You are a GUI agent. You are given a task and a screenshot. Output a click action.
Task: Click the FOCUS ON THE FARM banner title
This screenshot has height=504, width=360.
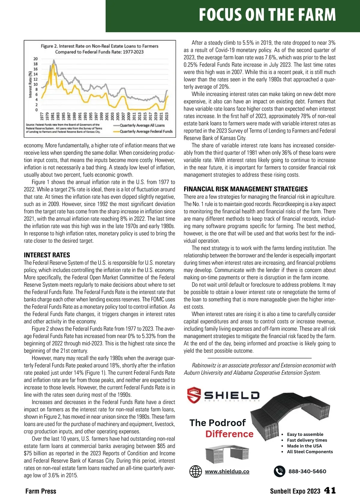pyautogui.click(x=267, y=15)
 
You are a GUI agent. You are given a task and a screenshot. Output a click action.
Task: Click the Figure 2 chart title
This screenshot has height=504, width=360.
pyautogui.click(x=99, y=49)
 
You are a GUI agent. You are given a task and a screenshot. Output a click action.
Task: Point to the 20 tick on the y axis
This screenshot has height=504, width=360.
pyautogui.click(x=36, y=59)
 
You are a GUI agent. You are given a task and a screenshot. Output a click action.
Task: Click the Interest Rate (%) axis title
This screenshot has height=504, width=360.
pyautogui.click(x=30, y=85)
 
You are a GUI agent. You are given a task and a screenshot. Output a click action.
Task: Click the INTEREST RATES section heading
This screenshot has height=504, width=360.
pyautogui.click(x=47, y=255)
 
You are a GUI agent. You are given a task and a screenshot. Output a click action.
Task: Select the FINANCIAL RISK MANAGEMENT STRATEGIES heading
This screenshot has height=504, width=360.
pyautogui.click(x=246, y=189)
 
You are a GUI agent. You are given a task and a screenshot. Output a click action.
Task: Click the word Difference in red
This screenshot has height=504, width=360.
pyautogui.click(x=229, y=434)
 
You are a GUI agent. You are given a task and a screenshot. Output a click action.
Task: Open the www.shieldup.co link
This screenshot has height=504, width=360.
pyautogui.click(x=227, y=471)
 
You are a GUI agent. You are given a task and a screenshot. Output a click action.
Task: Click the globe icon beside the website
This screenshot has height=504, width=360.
pyautogui.click(x=196, y=471)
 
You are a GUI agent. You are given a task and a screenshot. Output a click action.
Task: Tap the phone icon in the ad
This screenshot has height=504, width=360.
pyautogui.click(x=280, y=471)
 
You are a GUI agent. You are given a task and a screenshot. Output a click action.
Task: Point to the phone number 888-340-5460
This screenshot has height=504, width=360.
pyautogui.click(x=307, y=471)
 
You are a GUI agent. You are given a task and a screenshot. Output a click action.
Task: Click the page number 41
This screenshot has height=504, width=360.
pyautogui.click(x=330, y=490)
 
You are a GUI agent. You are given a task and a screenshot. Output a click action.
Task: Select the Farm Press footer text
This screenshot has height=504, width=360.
pyautogui.click(x=41, y=491)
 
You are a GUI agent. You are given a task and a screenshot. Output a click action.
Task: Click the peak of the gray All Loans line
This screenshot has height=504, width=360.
pyautogui.click(x=54, y=60)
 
